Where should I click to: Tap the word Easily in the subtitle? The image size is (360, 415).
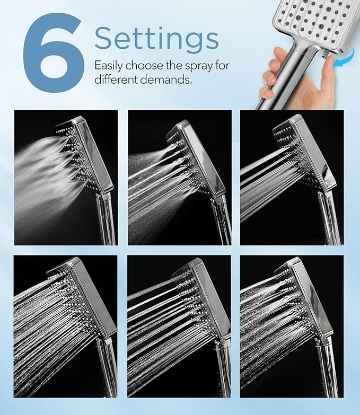pyautogui.click(x=109, y=66)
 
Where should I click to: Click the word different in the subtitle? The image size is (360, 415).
pyautogui.click(x=115, y=80)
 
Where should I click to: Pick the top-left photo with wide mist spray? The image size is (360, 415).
pyautogui.click(x=65, y=177)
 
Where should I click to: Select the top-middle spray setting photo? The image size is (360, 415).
pyautogui.click(x=179, y=177)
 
